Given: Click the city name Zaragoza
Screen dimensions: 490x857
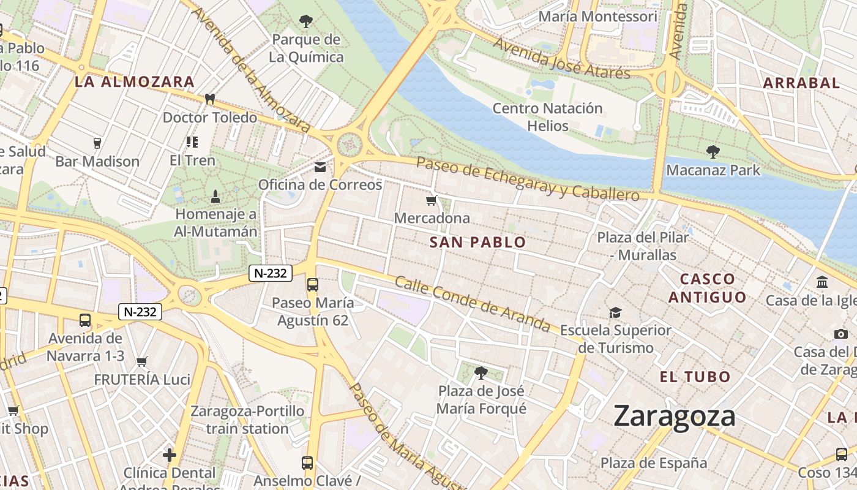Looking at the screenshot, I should pyautogui.click(x=674, y=417).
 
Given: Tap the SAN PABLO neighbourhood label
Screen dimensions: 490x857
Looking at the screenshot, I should pyautogui.click(x=477, y=243).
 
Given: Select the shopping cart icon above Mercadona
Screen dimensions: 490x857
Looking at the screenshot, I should pyautogui.click(x=432, y=200).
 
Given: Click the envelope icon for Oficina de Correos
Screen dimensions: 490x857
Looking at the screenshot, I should pyautogui.click(x=320, y=167).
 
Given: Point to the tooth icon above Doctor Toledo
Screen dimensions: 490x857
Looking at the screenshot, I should pyautogui.click(x=209, y=99).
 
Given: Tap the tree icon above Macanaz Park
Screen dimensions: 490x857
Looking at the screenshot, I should pyautogui.click(x=713, y=151).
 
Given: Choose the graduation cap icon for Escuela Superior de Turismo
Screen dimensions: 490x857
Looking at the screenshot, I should pyautogui.click(x=615, y=312).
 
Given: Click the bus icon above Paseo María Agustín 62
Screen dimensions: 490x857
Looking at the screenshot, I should pyautogui.click(x=312, y=285).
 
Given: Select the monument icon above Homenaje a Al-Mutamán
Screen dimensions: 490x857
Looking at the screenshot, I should pyautogui.click(x=215, y=197).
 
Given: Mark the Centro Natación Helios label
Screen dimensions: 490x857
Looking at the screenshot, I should pyautogui.click(x=548, y=117).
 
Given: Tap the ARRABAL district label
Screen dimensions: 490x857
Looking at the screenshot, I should pyautogui.click(x=801, y=83).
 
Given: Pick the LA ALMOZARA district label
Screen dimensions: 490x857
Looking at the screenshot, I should pyautogui.click(x=135, y=81).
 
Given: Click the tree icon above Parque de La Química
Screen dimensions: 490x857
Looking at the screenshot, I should pyautogui.click(x=305, y=21).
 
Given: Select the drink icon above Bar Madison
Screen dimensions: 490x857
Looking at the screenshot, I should pyautogui.click(x=97, y=143).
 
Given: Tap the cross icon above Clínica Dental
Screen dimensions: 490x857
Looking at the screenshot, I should pyautogui.click(x=170, y=455).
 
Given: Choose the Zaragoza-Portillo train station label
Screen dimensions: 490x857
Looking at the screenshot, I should pyautogui.click(x=247, y=420).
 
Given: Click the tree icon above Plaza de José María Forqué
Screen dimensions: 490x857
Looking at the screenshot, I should pyautogui.click(x=481, y=372).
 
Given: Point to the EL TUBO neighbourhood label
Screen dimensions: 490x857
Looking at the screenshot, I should pyautogui.click(x=695, y=377).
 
